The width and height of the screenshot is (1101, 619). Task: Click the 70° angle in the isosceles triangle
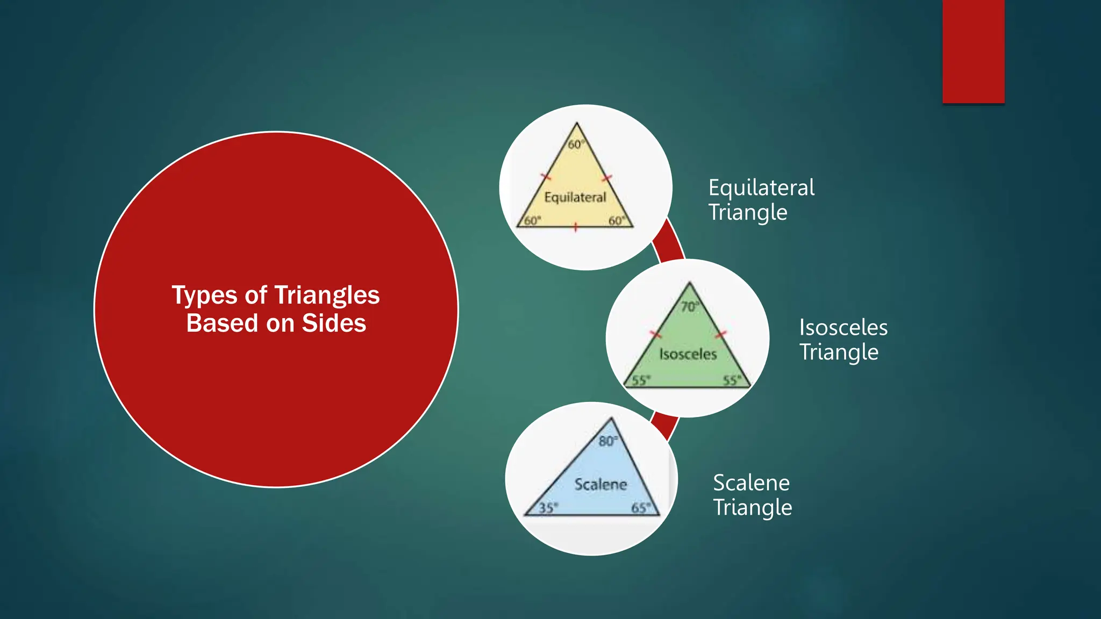point(689,307)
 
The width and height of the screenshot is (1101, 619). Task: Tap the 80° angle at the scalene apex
point(607,441)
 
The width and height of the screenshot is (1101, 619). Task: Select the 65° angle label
point(640,508)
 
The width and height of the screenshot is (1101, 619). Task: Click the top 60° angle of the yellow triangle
point(575,145)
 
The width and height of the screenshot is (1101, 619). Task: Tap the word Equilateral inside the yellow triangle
point(575,198)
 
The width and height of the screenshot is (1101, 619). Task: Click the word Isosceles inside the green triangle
point(688,354)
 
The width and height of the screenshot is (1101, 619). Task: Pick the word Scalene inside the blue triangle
point(600,485)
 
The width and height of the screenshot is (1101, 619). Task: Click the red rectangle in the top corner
point(973,51)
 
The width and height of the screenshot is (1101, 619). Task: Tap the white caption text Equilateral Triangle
point(761,199)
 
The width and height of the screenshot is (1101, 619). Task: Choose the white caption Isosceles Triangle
point(842,340)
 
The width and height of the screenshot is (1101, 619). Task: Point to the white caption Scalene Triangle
point(752,495)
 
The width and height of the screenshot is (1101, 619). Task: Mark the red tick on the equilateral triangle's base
point(575,227)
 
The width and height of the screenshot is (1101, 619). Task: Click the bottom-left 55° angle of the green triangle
point(640,380)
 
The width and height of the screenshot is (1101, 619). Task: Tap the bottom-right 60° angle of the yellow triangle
point(616,221)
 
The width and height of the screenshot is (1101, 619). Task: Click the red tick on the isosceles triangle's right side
point(720,335)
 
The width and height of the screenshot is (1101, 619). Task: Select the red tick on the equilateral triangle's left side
point(546,177)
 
